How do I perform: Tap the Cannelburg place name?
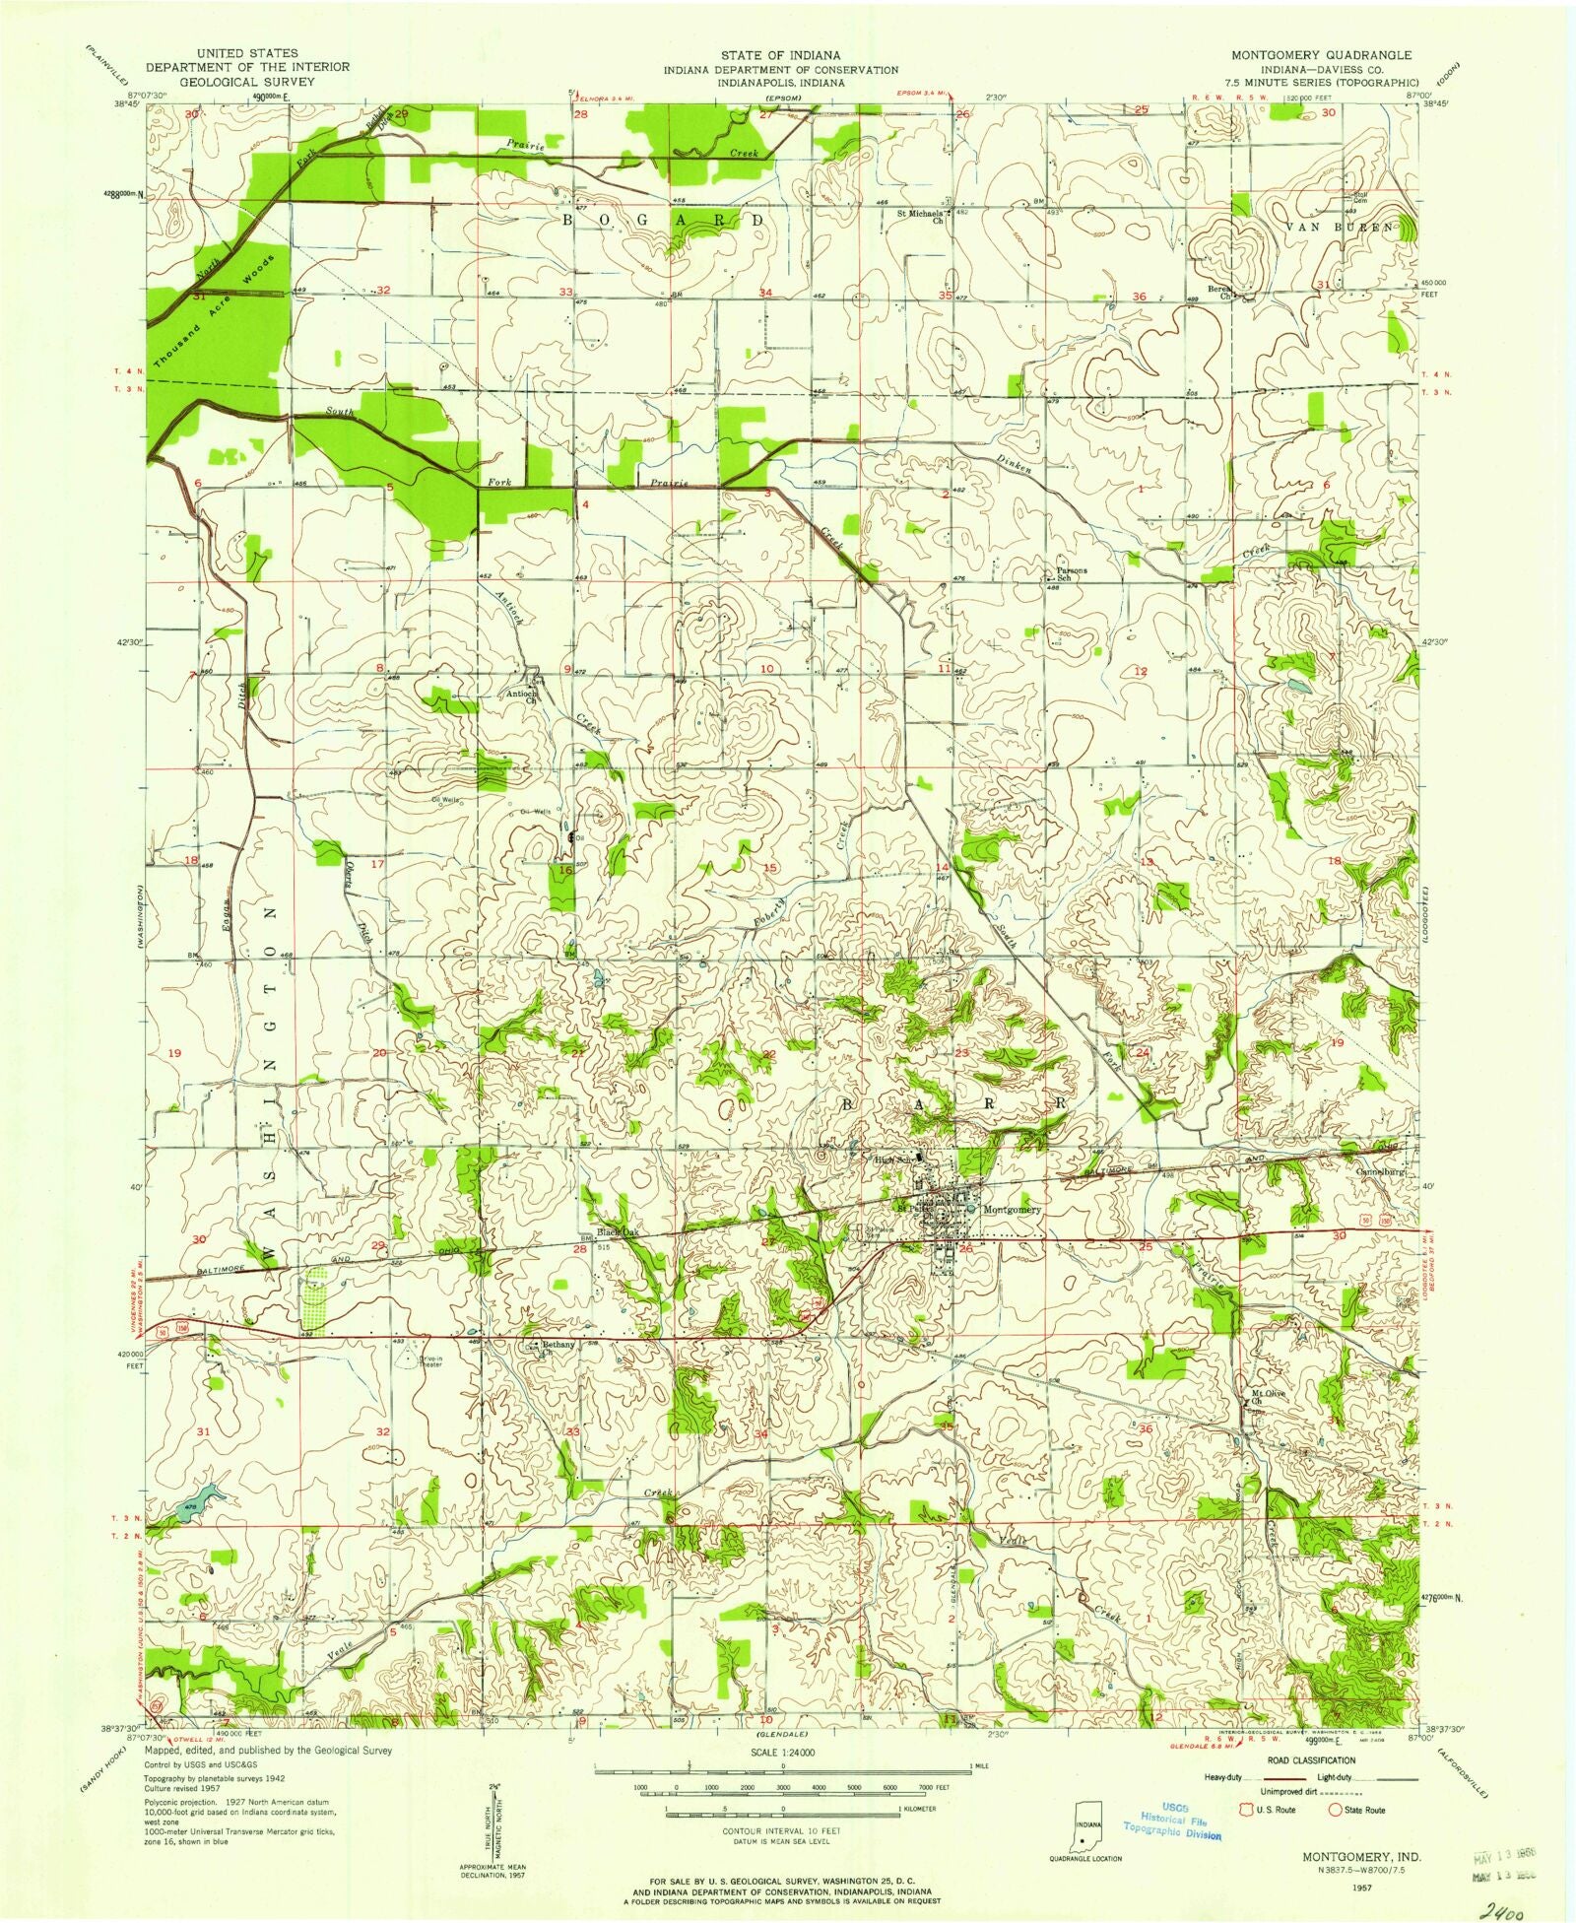coord(1393,1173)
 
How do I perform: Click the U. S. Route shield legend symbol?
coord(1249,1810)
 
